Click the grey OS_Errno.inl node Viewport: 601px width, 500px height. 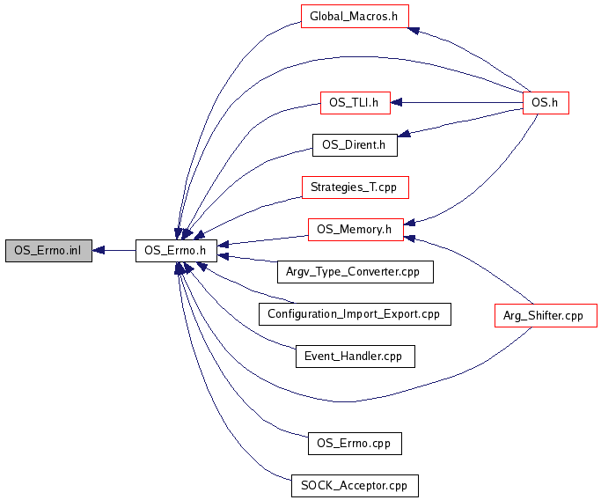[x=48, y=251]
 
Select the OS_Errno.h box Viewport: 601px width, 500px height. [x=176, y=251]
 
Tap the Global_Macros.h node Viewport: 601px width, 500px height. [x=355, y=17]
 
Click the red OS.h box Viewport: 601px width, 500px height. [x=546, y=102]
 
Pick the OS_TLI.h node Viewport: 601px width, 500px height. [x=354, y=102]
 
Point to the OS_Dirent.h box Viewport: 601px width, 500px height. [x=355, y=145]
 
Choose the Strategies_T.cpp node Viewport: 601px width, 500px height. [x=355, y=187]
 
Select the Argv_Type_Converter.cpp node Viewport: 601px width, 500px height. [x=355, y=272]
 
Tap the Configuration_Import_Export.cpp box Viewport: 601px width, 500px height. [x=355, y=314]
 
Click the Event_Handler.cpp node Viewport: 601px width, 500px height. [x=354, y=357]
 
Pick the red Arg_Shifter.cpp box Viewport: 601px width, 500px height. [x=545, y=315]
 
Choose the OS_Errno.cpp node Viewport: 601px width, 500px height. [x=355, y=443]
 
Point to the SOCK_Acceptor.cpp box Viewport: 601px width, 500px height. [x=355, y=485]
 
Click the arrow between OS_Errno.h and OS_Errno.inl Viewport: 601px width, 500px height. [x=114, y=251]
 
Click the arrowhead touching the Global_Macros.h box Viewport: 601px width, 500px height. [x=414, y=30]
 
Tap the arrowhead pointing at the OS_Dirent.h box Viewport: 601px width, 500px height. [x=403, y=135]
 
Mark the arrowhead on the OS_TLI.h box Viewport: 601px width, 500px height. [x=396, y=102]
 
